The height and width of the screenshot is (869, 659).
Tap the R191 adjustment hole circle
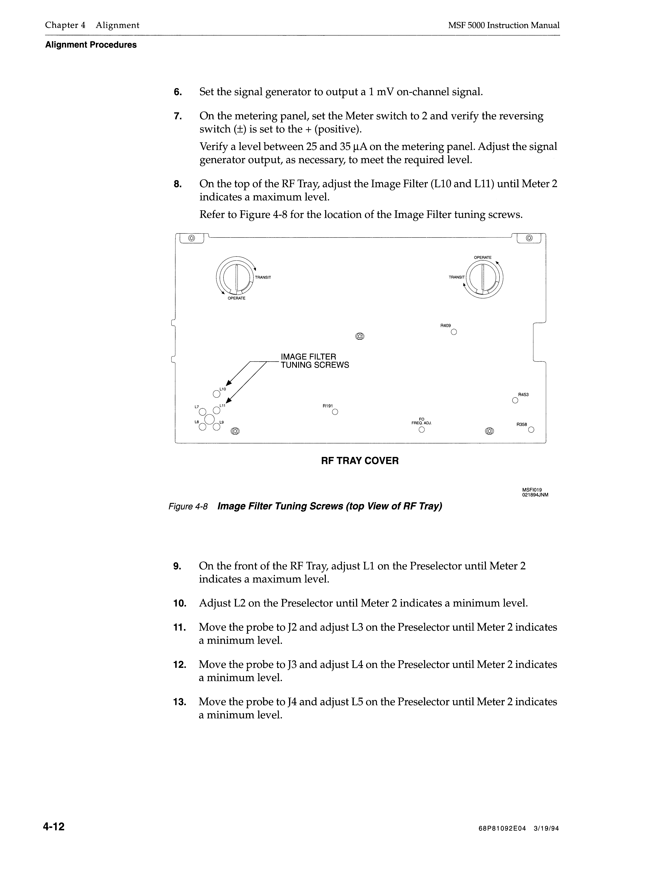coord(335,412)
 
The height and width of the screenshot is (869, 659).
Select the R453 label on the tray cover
coord(523,394)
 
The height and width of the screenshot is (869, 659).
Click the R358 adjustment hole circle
coord(531,430)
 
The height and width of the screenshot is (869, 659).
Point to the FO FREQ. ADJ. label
coord(421,421)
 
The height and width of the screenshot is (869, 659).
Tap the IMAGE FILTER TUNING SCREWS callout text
coord(314,361)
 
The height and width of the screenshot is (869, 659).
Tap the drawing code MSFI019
coord(532,489)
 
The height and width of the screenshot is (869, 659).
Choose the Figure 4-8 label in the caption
coord(188,506)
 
